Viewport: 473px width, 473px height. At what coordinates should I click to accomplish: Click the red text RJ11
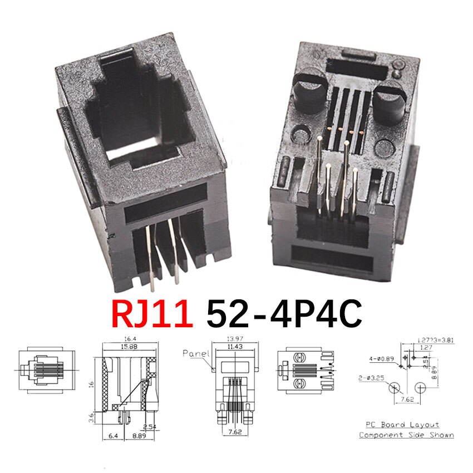point(151,314)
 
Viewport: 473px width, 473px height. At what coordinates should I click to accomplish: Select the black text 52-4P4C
point(284,314)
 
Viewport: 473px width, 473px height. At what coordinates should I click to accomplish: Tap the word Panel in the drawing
point(195,353)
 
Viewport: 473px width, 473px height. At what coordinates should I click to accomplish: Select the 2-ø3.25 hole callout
point(372,378)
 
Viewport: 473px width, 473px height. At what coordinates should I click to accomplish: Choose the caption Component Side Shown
point(406,435)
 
